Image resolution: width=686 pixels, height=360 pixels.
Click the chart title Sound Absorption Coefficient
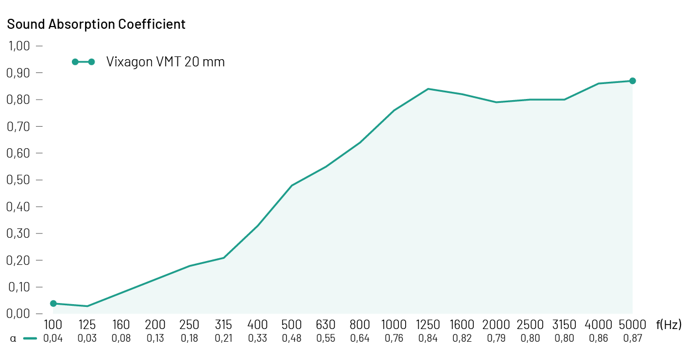[96, 24]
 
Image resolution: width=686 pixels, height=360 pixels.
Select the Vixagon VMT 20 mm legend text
[165, 62]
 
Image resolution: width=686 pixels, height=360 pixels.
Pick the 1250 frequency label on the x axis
[428, 325]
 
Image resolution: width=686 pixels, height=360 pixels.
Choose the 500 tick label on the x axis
[292, 325]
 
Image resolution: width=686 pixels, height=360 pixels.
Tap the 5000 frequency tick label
[632, 325]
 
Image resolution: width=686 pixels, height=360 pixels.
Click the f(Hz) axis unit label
[669, 325]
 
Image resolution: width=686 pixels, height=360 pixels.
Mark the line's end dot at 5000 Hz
[632, 81]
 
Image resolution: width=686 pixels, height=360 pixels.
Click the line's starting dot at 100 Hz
[53, 304]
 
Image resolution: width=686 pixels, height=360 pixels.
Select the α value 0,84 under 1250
[428, 338]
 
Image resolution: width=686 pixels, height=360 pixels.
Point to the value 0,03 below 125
[87, 338]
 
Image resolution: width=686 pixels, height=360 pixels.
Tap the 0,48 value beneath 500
[292, 338]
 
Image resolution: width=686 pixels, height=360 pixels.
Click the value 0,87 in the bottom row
[632, 338]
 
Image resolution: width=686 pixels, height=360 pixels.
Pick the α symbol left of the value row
[13, 338]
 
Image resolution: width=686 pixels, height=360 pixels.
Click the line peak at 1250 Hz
[428, 88]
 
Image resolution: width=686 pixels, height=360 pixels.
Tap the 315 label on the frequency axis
[223, 325]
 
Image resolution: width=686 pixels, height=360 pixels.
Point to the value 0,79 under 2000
[496, 338]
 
